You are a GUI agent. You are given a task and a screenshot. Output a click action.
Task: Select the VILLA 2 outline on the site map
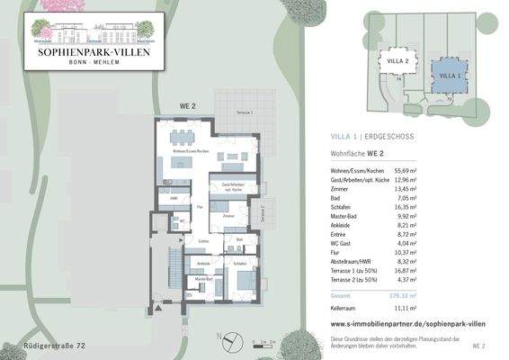(x=397, y=62)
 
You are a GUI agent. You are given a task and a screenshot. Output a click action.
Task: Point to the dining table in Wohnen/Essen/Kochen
(x=183, y=137)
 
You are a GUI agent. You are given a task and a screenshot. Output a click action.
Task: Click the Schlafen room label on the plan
(x=240, y=263)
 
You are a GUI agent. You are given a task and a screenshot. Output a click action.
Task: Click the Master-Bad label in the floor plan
(x=202, y=280)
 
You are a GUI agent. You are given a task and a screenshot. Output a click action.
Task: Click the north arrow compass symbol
(x=231, y=339)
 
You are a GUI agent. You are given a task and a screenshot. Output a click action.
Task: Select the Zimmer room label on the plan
(x=228, y=216)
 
